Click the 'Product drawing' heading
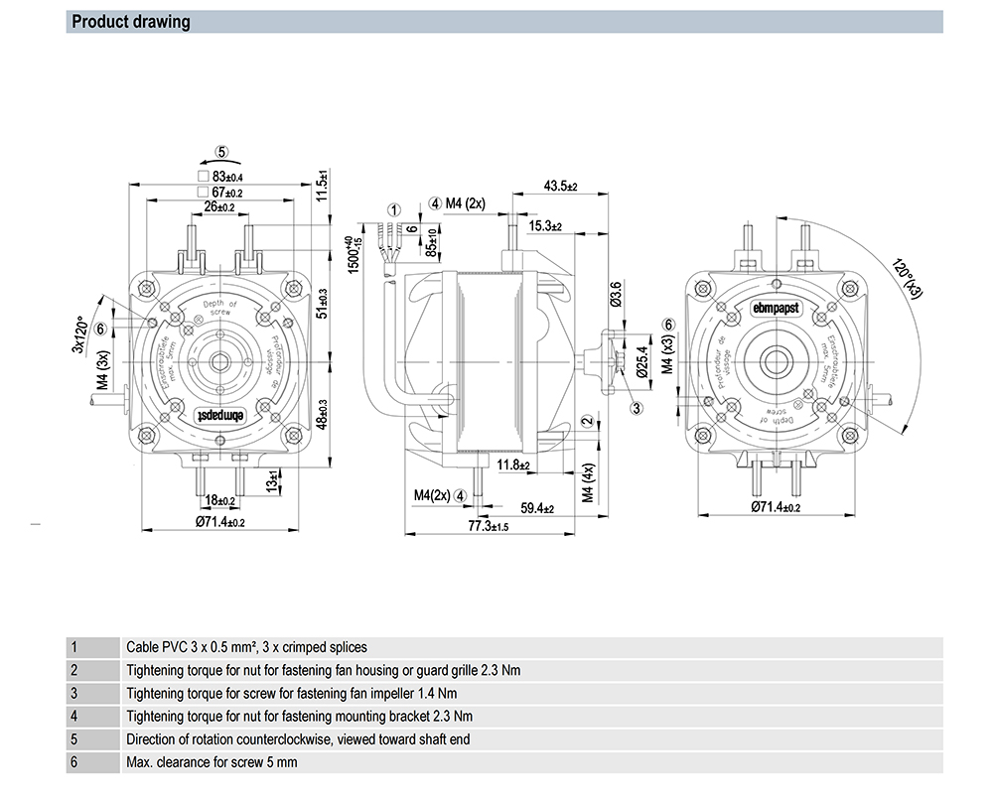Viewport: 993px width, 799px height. click(131, 22)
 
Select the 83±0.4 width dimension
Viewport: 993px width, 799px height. click(228, 177)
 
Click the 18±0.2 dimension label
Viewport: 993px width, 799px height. click(219, 501)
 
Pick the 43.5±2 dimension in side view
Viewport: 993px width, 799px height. click(561, 187)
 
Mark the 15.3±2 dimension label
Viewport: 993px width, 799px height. click(545, 227)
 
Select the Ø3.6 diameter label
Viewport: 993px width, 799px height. click(616, 295)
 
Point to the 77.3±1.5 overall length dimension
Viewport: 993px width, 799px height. click(489, 526)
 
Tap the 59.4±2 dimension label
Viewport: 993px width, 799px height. click(537, 508)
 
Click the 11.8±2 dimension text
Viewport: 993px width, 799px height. click(515, 464)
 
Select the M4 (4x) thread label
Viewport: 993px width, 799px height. click(588, 482)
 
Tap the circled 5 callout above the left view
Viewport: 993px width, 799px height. click(222, 152)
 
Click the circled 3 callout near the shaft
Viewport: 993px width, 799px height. click(638, 407)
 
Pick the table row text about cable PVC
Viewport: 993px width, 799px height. click(246, 647)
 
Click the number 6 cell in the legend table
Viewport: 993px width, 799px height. click(74, 762)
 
